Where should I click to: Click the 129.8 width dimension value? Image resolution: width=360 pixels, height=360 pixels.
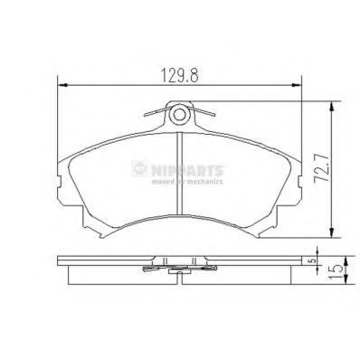pos(180,75)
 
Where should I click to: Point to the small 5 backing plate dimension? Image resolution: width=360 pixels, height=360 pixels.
pos(313,261)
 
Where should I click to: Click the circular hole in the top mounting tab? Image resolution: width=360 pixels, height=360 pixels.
pos(179,115)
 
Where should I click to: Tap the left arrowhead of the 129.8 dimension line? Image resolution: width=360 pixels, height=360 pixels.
pos(62,85)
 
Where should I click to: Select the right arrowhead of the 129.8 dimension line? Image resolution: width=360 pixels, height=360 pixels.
pos(297,85)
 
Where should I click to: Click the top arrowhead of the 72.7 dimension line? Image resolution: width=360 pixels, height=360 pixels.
pos(332,107)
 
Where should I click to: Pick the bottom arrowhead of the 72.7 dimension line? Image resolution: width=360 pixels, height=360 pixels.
pos(332,232)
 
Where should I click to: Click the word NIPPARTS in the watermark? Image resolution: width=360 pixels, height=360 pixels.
pos(187,171)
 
